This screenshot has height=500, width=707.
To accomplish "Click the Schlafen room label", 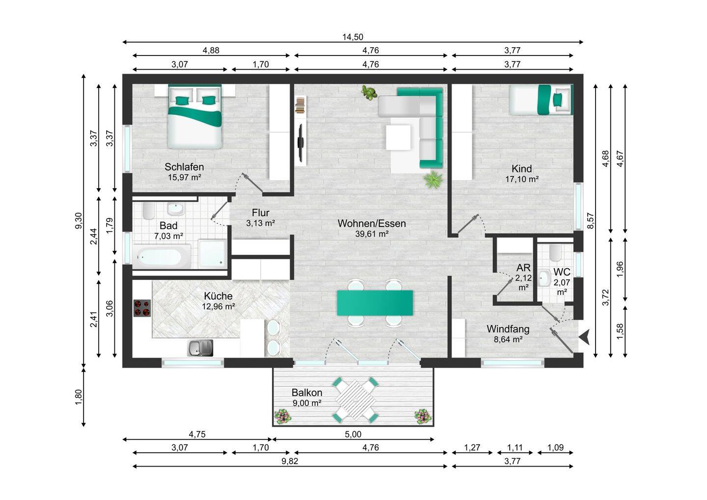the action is tap(184, 167).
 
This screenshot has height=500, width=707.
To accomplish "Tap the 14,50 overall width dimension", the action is tap(353, 37).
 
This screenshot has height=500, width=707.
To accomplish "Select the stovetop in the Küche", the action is tap(142, 308).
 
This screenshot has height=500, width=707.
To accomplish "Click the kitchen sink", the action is tap(200, 348).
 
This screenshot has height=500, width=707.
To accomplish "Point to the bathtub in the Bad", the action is tap(162, 256).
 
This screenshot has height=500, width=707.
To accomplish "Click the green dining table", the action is tap(375, 303).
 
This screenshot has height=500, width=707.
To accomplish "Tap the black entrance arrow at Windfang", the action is tap(584, 336).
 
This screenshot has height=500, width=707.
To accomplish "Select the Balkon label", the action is tap(307, 392).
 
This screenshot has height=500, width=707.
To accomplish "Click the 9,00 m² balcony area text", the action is tap(307, 403).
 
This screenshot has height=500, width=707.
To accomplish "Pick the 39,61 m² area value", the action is tap(372, 234).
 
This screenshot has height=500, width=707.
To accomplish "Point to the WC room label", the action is tap(562, 272).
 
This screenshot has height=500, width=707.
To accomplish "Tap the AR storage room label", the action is tap(523, 268).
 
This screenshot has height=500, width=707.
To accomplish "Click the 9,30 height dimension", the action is tap(78, 221).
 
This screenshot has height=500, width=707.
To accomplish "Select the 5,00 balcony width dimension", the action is tap(353, 434).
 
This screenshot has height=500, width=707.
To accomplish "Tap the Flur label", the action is tap(260, 213).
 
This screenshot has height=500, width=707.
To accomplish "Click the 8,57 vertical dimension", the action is tap(591, 221).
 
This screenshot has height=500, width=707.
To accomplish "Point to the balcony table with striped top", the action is tap(355, 400).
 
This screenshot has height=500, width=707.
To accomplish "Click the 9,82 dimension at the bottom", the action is tap(290, 461).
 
